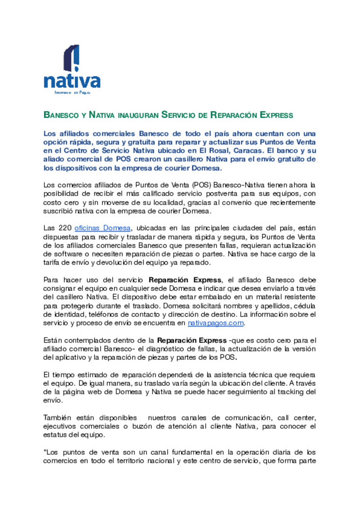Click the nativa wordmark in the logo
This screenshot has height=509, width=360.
72,81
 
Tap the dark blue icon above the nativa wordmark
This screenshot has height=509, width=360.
72,58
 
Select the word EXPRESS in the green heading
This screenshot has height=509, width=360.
276,115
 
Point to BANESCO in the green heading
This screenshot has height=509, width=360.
61,115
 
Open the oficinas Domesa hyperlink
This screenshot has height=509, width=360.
102,228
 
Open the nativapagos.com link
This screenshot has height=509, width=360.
216,323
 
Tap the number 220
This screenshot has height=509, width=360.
65,228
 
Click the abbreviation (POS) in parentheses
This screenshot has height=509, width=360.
202,185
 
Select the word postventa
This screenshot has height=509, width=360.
221,194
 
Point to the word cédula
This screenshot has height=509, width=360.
304,306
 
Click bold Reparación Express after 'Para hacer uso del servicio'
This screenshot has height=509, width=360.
185,280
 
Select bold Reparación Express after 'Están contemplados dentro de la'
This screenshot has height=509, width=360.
192,341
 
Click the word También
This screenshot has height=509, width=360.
57,418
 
